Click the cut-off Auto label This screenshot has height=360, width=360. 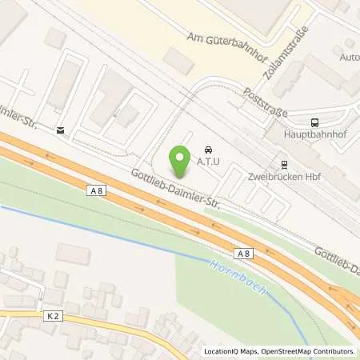350,57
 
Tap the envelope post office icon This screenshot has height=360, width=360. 59,129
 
